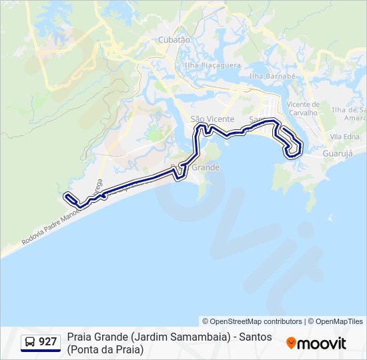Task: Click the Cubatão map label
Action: pyautogui.click(x=174, y=40)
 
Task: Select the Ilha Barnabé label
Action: pyautogui.click(x=272, y=77)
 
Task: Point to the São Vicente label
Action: pyautogui.click(x=208, y=119)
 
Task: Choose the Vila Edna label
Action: pyautogui.click(x=344, y=137)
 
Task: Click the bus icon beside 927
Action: pyautogui.click(x=30, y=342)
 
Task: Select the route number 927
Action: pyautogui.click(x=47, y=342)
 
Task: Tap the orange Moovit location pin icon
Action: pyautogui.click(x=291, y=343)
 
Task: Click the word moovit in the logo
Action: pyautogui.click(x=322, y=343)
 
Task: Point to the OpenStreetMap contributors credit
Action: pyautogui.click(x=252, y=321)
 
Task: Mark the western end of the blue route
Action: pyautogui.click(x=66, y=196)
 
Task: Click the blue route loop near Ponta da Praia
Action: pyautogui.click(x=294, y=147)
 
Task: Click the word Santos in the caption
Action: pyautogui.click(x=256, y=337)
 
